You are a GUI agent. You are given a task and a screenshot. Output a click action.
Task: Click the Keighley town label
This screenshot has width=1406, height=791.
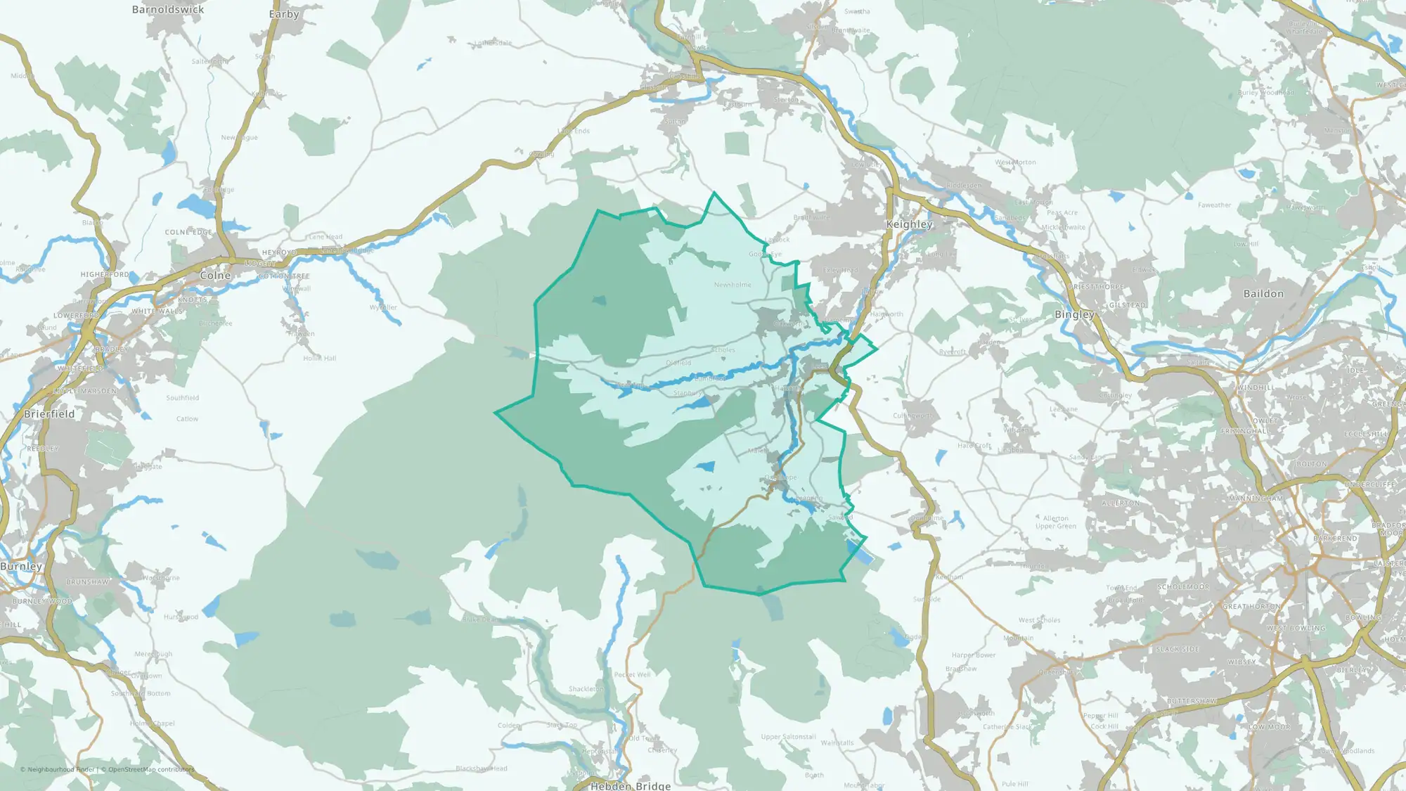(x=909, y=224)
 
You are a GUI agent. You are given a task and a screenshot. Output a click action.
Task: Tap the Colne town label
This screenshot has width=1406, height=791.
(x=215, y=276)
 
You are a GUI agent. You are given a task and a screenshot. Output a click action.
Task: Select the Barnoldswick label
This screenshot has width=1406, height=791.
(x=168, y=10)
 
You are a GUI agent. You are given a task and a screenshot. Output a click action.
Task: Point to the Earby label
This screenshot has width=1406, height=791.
(x=284, y=14)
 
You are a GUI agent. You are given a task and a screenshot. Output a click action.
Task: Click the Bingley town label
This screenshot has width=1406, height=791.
(x=1074, y=314)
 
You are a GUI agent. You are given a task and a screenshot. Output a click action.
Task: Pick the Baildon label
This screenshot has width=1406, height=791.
(x=1263, y=294)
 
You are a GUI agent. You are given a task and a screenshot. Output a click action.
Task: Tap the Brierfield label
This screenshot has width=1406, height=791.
(x=49, y=414)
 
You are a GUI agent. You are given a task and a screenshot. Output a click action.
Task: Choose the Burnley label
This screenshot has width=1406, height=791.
(x=21, y=566)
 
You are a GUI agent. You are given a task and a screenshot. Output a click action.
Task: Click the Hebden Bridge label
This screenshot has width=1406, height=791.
(x=630, y=785)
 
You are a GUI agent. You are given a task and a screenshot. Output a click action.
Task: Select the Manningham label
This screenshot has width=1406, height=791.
(x=1256, y=499)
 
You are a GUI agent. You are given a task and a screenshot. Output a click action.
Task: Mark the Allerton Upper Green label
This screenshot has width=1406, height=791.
(x=1055, y=522)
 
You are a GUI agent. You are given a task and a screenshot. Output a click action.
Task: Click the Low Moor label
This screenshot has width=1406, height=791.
(x=1269, y=727)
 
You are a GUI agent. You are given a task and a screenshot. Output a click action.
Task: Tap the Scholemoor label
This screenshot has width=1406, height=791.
(x=1183, y=587)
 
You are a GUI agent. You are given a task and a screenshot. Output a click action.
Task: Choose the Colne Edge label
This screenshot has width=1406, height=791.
(x=188, y=232)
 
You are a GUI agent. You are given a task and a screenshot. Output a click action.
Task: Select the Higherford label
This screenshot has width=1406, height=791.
(x=105, y=275)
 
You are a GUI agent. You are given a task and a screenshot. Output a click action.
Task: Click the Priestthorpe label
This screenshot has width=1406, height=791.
(x=1096, y=288)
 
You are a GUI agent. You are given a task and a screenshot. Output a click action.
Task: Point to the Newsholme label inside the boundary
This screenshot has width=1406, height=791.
(x=733, y=285)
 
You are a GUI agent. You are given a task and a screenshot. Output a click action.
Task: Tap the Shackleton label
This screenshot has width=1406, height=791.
(x=586, y=689)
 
